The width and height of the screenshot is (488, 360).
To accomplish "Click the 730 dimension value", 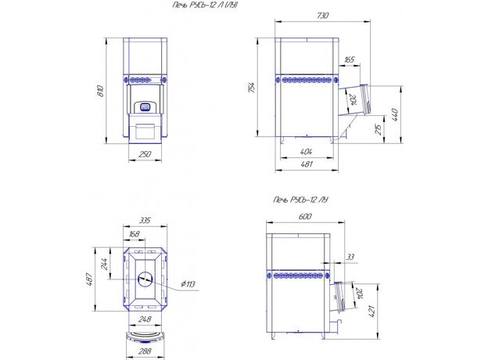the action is (322, 15).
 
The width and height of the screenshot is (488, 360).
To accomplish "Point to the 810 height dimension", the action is (100, 91).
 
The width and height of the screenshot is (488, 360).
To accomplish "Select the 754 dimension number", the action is (252, 88).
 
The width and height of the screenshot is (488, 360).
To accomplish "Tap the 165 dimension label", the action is (350, 59).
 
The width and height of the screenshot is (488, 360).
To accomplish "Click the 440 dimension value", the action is (395, 114).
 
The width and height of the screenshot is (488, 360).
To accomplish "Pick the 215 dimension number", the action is (379, 129).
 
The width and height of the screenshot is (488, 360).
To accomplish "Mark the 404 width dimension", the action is (307, 152).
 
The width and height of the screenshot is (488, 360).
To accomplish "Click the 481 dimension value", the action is (307, 164).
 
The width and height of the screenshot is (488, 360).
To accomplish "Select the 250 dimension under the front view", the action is (145, 154).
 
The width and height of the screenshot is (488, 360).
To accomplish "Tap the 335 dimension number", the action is (145, 221).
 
